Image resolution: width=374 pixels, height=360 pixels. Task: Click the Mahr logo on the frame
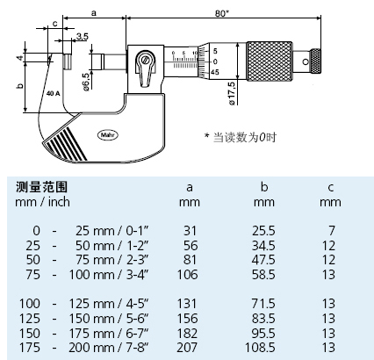108,135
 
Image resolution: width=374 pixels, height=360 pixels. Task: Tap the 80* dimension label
222,13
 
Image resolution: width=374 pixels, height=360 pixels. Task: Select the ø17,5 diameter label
231,93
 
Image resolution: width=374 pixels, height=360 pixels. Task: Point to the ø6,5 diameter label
86,82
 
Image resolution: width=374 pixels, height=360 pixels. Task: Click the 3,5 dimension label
82,37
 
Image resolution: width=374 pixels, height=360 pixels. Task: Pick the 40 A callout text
53,94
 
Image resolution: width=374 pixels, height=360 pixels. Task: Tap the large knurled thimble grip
270,61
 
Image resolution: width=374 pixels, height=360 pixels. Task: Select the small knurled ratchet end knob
315,61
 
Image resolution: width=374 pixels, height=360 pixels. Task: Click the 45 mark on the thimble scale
214,72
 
